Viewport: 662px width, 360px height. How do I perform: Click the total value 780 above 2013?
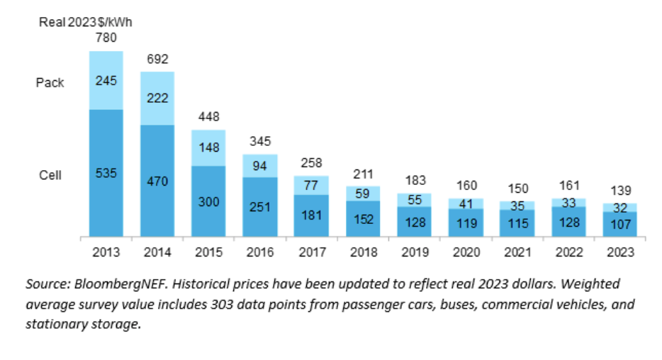click(106, 38)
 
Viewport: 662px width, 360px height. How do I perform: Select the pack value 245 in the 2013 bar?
click(106, 81)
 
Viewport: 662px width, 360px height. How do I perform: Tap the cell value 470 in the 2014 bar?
click(157, 181)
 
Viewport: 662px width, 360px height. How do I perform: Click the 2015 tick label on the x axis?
click(208, 252)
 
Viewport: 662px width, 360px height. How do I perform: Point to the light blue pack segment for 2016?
click(260, 166)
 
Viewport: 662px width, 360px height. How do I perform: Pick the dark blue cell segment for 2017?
click(311, 215)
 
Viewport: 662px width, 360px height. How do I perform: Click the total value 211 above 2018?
click(363, 174)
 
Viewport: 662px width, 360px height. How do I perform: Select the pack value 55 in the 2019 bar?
click(415, 200)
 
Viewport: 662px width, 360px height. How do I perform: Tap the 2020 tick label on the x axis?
click(466, 252)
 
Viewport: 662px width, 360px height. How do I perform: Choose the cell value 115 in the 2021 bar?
click(517, 223)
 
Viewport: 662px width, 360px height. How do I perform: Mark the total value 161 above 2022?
click(569, 185)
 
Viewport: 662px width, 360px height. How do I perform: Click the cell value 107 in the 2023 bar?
click(621, 225)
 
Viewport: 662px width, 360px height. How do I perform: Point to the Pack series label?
click(50, 82)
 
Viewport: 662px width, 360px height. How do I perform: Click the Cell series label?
click(50, 175)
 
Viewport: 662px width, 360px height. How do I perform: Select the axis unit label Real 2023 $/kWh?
click(86, 22)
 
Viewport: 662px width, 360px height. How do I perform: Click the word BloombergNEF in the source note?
click(121, 283)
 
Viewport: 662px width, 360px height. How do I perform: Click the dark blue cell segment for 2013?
click(106, 173)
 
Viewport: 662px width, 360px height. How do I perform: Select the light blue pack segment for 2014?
click(157, 99)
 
